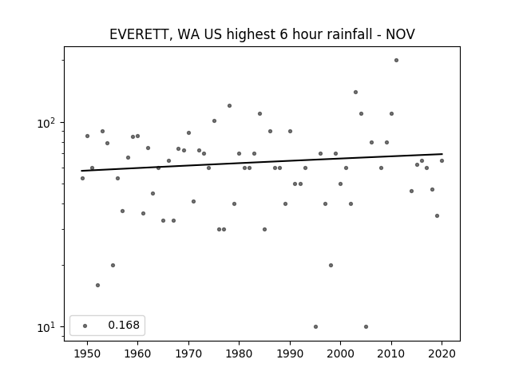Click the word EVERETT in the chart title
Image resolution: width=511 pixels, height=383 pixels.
(138, 34)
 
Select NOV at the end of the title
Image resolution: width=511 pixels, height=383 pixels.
(400, 34)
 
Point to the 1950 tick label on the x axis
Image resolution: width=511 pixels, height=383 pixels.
(87, 353)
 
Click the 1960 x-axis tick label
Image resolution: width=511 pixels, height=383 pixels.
(137, 353)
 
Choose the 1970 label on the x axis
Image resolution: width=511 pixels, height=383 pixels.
(188, 353)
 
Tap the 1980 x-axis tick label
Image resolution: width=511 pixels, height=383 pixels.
(239, 353)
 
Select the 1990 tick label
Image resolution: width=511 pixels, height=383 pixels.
(290, 353)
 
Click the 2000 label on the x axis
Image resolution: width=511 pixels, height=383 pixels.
(340, 353)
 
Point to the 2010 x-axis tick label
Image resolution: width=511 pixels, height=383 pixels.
(391, 353)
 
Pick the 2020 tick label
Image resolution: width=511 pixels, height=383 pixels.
(442, 353)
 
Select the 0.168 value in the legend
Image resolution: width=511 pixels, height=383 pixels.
(124, 325)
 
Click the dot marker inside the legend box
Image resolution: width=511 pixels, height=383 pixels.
(85, 326)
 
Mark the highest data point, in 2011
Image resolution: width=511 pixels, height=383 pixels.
(396, 61)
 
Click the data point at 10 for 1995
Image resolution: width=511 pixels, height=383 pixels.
(315, 326)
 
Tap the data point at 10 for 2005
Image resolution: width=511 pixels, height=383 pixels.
(366, 326)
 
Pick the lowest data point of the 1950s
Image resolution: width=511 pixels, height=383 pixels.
(97, 286)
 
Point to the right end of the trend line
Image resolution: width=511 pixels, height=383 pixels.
(442, 154)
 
